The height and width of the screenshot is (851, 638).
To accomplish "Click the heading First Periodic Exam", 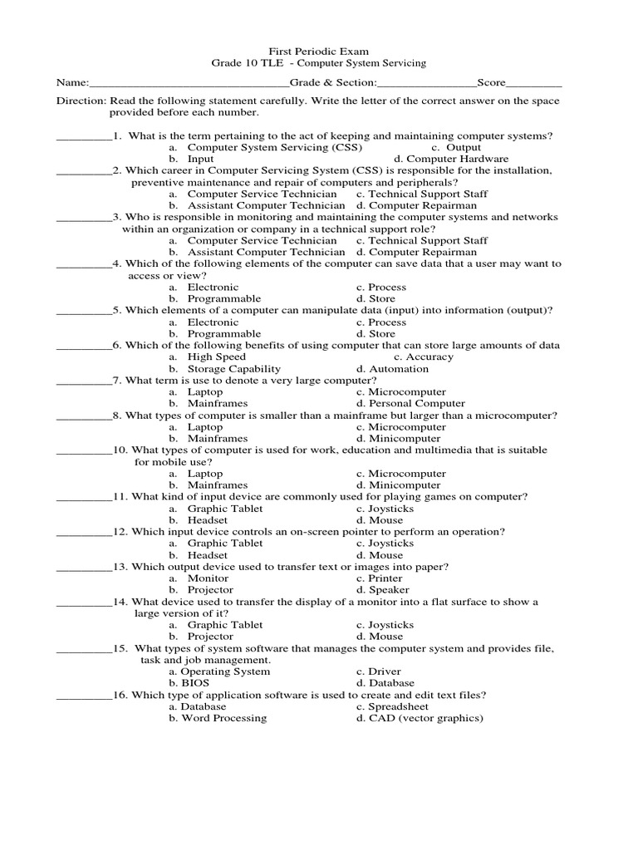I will coord(319,50).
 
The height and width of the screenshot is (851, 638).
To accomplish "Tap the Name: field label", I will coord(71,83).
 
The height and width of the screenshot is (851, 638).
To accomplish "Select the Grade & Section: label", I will coord(332,83).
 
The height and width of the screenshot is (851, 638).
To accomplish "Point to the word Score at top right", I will coord(491,83).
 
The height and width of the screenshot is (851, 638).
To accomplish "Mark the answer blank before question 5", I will coord(83,311).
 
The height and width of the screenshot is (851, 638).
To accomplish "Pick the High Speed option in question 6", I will coord(217,357).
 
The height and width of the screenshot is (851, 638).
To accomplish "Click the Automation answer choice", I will coord(393,369).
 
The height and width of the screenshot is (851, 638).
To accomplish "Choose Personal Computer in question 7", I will coord(410,404).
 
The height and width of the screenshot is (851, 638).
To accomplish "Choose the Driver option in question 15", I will coord(379,671).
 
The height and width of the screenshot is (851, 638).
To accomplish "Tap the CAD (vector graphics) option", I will coord(420,718).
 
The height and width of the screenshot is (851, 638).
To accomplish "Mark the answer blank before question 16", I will coord(83,695).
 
